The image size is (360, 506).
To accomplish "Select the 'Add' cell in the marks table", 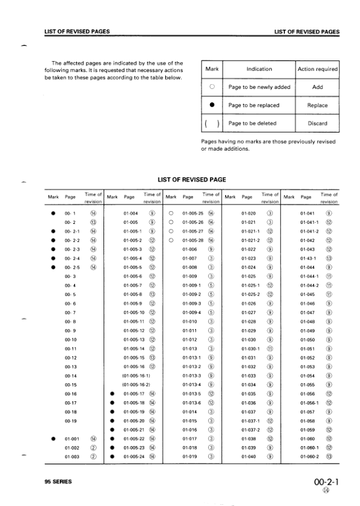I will coord(317,87).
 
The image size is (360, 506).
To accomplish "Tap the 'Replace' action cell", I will coord(317,105).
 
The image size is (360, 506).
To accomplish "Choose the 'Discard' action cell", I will coord(317,123).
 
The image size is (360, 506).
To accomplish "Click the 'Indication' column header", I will coord(259,69).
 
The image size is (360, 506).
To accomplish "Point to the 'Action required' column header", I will coord(318,69).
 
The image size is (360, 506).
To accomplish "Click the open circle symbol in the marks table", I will coord(212,87).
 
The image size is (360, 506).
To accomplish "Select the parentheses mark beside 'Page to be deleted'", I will coord(212,123).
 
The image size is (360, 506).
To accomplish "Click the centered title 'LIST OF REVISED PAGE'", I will coord(192,180).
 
